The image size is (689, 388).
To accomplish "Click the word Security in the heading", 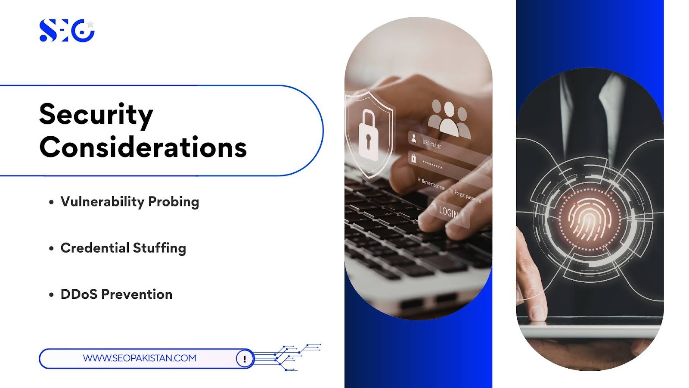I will pyautogui.click(x=96, y=115).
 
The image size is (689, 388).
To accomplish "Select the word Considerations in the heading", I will pyautogui.click(x=143, y=147).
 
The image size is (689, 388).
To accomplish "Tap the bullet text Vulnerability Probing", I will pyautogui.click(x=130, y=202).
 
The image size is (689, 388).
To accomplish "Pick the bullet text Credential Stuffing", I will pyautogui.click(x=123, y=248).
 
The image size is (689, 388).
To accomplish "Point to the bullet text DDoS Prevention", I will pyautogui.click(x=116, y=294).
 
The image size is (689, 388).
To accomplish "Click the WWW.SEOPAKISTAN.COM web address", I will pyautogui.click(x=140, y=358).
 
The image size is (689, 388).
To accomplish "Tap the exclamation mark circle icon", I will pyautogui.click(x=245, y=358).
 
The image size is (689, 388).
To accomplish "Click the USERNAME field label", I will pyautogui.click(x=432, y=144).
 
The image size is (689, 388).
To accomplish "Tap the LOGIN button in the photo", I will pyautogui.click(x=448, y=212).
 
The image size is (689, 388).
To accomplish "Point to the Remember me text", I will pyautogui.click(x=432, y=184).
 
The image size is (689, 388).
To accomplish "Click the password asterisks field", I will pyautogui.click(x=432, y=164).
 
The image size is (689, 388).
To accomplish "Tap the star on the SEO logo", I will pyautogui.click(x=90, y=25).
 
